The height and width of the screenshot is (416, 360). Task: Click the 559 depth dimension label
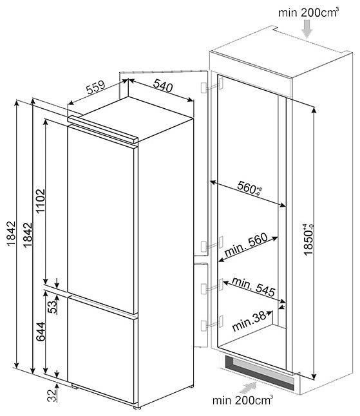tap(96, 88)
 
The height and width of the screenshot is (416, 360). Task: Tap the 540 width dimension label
tap(163, 86)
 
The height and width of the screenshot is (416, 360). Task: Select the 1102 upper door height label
tap(41, 201)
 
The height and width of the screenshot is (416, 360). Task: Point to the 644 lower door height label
tap(41, 332)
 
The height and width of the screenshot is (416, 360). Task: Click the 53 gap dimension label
tap(53, 307)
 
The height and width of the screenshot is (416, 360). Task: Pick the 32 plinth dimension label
tap(53, 395)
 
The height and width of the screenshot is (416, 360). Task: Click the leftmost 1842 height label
tap(12, 234)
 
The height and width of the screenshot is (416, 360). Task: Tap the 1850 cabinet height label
tap(308, 240)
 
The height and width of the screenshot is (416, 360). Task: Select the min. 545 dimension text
tap(254, 287)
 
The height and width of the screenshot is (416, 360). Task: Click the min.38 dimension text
tap(249, 321)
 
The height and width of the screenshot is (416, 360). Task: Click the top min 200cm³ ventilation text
tap(308, 12)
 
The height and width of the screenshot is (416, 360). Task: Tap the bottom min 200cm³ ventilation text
tap(243, 400)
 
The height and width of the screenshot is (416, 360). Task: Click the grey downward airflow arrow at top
tap(307, 29)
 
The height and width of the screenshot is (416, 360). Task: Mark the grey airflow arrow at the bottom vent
tap(248, 387)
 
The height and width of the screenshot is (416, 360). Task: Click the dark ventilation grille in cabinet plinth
tap(259, 372)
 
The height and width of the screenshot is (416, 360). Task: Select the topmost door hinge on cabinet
tap(212, 86)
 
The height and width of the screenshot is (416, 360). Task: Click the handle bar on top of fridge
tap(102, 129)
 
